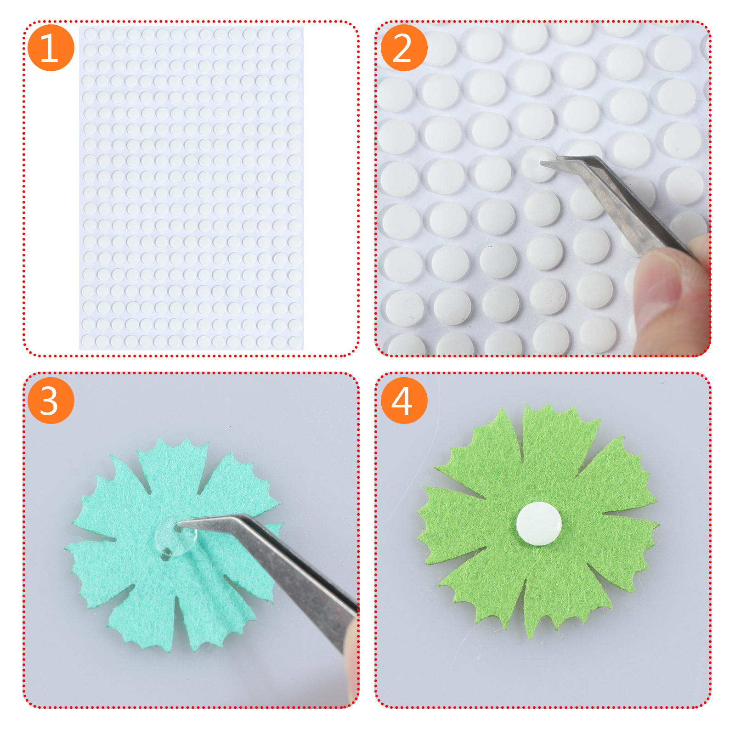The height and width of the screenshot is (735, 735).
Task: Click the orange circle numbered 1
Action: pyautogui.click(x=51, y=48)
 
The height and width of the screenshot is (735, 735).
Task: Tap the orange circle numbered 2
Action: pyautogui.click(x=404, y=48)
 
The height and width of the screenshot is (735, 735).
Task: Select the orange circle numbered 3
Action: pyautogui.click(x=51, y=401)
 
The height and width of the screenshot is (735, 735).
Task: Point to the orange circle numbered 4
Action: pyautogui.click(x=404, y=401)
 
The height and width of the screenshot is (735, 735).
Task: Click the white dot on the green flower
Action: pyautogui.click(x=539, y=524)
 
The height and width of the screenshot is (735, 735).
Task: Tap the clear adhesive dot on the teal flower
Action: pyautogui.click(x=176, y=536)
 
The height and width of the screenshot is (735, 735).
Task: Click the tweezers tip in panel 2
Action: pyautogui.click(x=542, y=162)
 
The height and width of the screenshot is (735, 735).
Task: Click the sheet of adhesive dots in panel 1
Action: pyautogui.click(x=192, y=188)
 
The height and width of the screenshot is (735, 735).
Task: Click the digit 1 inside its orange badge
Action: pyautogui.click(x=49, y=48)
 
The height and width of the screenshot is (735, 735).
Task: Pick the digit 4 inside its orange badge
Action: pyautogui.click(x=402, y=401)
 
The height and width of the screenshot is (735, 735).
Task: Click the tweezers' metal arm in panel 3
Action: pyautogui.click(x=271, y=570)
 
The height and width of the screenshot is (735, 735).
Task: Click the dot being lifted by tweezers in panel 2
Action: pyautogui.click(x=539, y=164)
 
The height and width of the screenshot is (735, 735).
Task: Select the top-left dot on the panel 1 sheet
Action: pyautogui.click(x=90, y=34)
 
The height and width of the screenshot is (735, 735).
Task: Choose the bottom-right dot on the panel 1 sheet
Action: pyautogui.click(x=294, y=341)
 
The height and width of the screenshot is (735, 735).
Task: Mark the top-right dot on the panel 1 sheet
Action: pyautogui.click(x=294, y=34)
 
